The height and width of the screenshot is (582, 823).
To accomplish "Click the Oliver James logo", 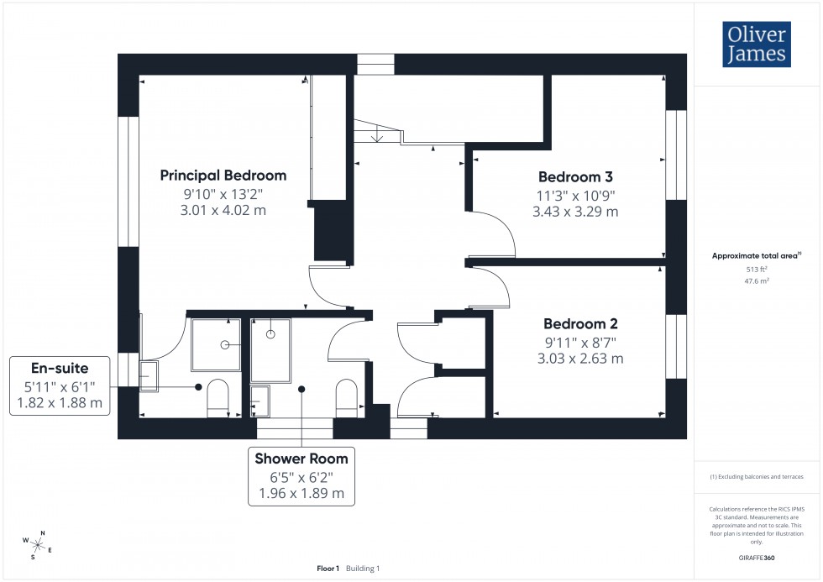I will pos(756,45).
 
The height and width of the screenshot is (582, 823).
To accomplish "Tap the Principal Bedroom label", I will pos(223,176).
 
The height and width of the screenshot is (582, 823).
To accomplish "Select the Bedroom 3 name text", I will pos(575,177).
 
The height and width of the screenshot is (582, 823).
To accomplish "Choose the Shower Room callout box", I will pos(301,475).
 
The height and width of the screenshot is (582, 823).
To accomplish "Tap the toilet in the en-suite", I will pos(218,396).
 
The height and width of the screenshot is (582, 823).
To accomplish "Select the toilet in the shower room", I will pos(347,396).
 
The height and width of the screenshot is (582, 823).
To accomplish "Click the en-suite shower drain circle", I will pos(224,345).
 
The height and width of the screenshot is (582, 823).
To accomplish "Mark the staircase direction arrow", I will pos(378,133).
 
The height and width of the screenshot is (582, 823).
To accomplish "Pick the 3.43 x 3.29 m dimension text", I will pos(575,212).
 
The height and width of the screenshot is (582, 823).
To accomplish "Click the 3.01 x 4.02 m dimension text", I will pos(223,210).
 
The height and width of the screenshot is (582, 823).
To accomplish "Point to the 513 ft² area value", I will pos(757,270).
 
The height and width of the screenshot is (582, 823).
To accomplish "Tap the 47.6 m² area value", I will pos(757,282).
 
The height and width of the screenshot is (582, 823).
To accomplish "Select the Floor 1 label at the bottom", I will pos(328,569).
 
